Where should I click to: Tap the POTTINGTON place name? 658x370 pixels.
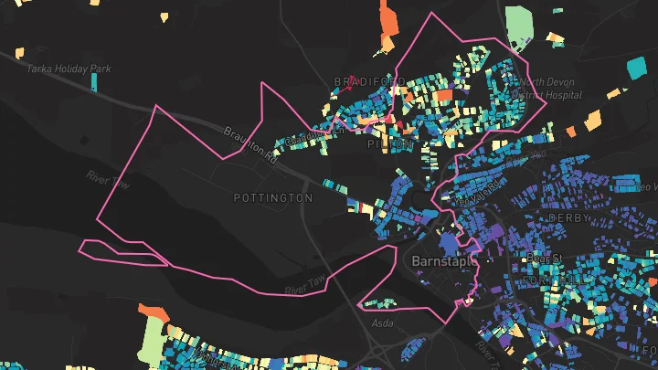(x=272, y=197)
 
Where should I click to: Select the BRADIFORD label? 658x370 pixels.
(x=369, y=82)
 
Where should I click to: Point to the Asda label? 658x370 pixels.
(x=382, y=323)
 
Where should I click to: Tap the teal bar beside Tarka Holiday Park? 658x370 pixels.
(x=93, y=81)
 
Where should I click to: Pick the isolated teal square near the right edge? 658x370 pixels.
(x=635, y=67)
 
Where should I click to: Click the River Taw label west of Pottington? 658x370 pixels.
(x=109, y=179)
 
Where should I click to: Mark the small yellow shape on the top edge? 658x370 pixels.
(x=164, y=16)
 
